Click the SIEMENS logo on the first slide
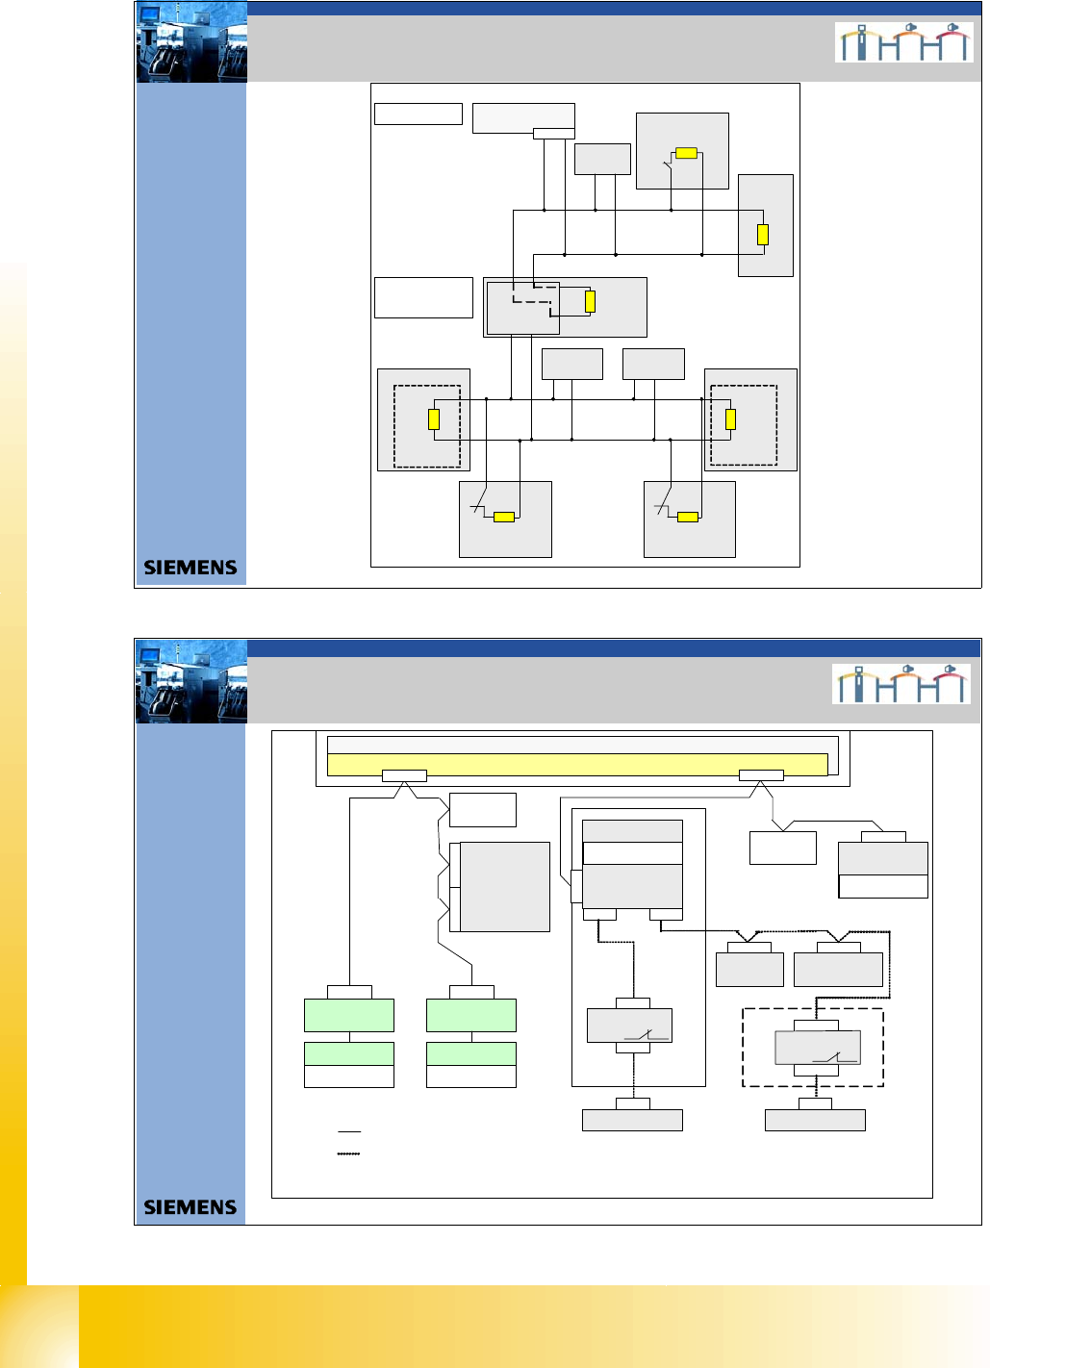[x=190, y=568]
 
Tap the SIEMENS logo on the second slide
[x=190, y=1207]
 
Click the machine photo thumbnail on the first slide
[x=192, y=42]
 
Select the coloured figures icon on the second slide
[x=901, y=684]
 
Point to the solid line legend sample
[x=349, y=1131]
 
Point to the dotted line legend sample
[x=348, y=1153]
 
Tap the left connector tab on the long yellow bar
[x=404, y=775]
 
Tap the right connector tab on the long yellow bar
[x=761, y=775]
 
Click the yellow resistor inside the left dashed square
[x=434, y=419]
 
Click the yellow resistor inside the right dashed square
[x=730, y=419]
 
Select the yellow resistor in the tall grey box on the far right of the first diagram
[x=763, y=234]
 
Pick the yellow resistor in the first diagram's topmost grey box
[x=686, y=153]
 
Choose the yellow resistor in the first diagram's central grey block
[x=590, y=301]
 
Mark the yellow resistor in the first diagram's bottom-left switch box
[x=504, y=518]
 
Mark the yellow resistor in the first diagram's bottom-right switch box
[x=688, y=518]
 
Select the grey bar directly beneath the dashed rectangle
[x=815, y=1120]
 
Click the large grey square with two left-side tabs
[x=504, y=887]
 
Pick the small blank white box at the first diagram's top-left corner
[x=419, y=114]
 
